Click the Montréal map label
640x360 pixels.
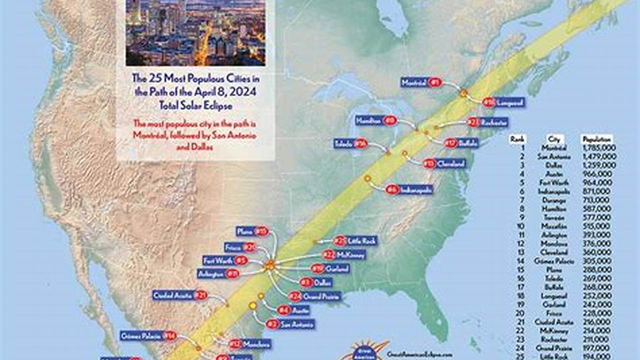click(x=421, y=83)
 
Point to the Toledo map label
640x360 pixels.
click(x=351, y=144)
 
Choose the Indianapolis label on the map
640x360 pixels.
click(x=409, y=189)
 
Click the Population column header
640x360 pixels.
click(x=596, y=139)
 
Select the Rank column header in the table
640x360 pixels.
click(x=517, y=139)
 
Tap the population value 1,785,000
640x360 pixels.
click(x=599, y=148)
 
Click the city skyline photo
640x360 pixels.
click(x=196, y=32)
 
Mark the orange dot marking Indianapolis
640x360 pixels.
click(x=367, y=178)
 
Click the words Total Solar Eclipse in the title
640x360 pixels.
click(x=196, y=105)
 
